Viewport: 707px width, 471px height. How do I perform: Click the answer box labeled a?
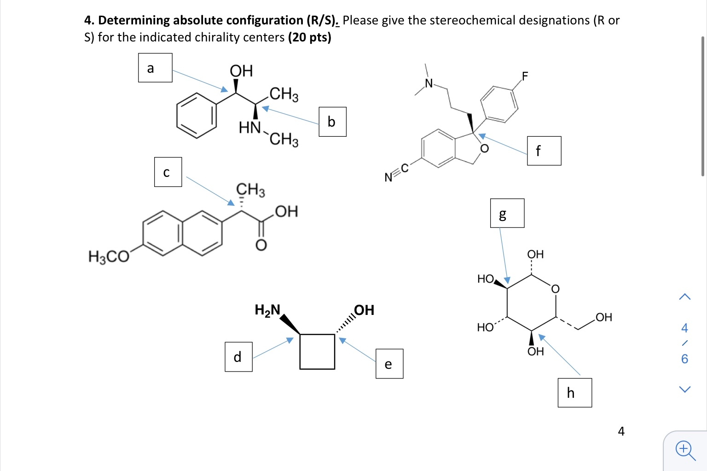pos(155,68)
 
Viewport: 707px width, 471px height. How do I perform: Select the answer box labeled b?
pos(332,122)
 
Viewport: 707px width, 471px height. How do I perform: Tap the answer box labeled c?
pos(168,172)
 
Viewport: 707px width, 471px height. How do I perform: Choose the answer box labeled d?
pos(238,357)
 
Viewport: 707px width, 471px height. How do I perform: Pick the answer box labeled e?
pos(389,364)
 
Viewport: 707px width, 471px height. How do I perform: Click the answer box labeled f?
pos(544,151)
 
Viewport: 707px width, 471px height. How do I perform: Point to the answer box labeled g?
pos(507,213)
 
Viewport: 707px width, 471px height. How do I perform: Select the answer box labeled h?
pos(574,393)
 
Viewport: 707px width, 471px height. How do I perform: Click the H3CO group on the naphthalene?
pos(109,256)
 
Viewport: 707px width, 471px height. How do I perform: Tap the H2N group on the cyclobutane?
pos(267,310)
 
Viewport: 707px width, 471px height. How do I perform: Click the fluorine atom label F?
pos(525,76)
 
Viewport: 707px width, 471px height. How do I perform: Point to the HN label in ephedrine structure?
pos(250,127)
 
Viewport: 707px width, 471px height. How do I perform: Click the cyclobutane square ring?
pos(317,351)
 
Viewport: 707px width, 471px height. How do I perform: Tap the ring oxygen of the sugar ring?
pos(555,289)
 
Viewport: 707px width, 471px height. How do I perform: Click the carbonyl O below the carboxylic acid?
pos(261,245)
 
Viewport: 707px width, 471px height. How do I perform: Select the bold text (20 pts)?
pos(309,37)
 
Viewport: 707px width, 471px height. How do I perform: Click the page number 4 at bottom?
pos(621,431)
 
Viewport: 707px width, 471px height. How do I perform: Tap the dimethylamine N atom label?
pos(429,83)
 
